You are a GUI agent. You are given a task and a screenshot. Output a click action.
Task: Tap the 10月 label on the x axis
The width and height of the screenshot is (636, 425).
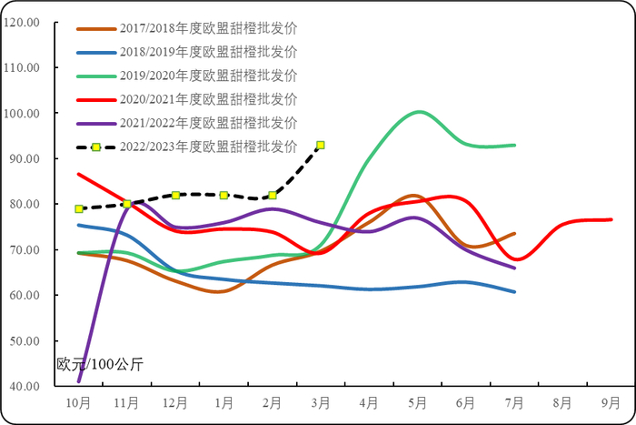(x=78, y=401)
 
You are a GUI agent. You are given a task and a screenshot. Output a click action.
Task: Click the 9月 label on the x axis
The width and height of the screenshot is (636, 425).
(x=611, y=401)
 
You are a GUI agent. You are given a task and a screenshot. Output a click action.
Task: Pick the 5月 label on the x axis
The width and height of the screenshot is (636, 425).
(x=418, y=401)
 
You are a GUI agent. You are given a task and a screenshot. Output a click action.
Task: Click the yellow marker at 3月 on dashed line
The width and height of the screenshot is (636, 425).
(x=321, y=145)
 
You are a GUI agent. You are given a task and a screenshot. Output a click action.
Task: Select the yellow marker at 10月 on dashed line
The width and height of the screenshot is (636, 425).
(x=79, y=208)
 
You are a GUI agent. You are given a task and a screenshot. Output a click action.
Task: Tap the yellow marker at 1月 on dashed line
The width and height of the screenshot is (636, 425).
(x=224, y=195)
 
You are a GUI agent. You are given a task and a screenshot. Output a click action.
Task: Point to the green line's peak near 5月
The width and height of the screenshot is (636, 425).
(x=419, y=112)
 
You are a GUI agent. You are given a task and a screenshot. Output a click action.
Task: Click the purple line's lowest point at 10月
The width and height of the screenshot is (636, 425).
(x=79, y=380)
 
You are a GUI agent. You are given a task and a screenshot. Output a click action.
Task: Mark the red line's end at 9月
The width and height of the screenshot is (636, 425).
(x=611, y=219)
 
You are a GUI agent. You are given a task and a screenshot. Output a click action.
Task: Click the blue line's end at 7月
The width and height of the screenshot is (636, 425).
(x=515, y=292)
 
